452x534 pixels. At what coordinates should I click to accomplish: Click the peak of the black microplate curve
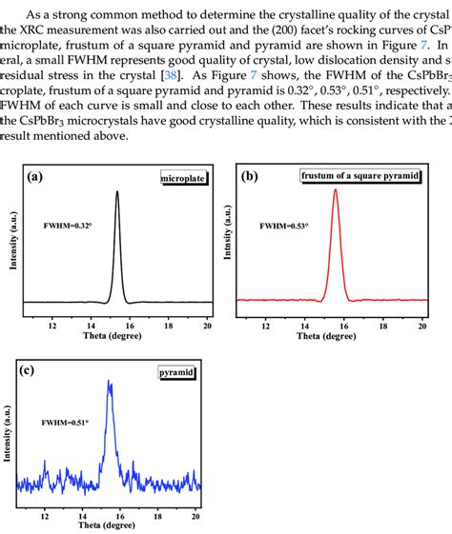click(x=117, y=191)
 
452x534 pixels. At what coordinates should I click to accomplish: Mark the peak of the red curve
click(x=336, y=189)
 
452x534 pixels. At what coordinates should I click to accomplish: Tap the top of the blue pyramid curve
click(x=111, y=383)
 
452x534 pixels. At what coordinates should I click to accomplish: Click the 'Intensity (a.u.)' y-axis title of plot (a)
click(x=13, y=237)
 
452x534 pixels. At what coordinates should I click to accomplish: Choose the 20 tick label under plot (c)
click(x=195, y=515)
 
